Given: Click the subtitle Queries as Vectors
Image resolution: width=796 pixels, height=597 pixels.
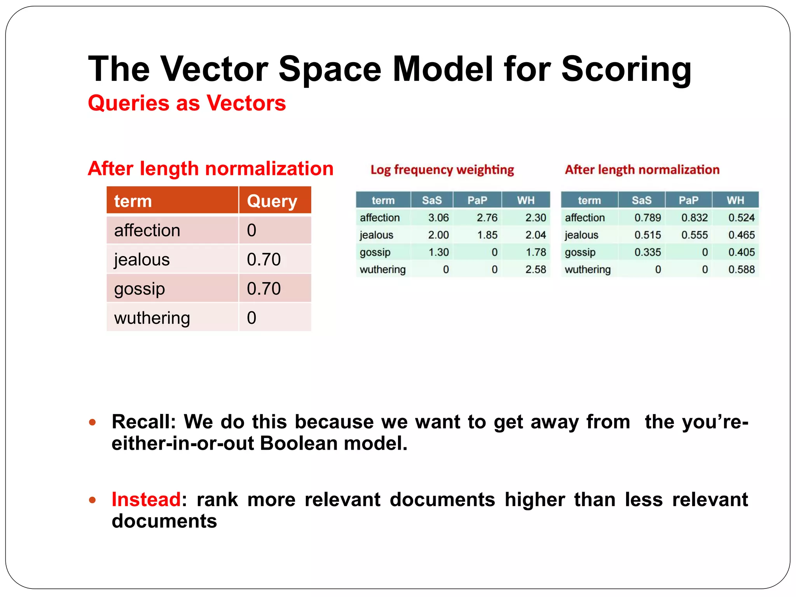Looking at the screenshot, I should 187,103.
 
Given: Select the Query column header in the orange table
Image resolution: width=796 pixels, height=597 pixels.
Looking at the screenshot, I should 272,201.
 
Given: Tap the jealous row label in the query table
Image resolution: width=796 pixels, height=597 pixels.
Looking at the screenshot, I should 142,259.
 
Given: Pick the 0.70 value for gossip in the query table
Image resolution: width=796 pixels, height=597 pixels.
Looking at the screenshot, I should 264,288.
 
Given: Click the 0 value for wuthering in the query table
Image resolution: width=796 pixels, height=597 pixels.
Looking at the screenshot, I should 251,318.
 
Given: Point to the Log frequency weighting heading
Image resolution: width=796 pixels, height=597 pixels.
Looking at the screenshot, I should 442,169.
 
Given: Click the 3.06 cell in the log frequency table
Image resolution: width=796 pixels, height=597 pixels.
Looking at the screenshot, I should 438,218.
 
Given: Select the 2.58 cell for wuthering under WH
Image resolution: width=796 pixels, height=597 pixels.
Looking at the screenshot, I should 535,269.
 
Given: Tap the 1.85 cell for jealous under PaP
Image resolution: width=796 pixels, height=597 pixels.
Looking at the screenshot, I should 487,235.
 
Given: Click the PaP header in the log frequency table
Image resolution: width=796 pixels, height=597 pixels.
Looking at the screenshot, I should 477,200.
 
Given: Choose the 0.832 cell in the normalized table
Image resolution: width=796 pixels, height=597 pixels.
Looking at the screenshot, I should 694,218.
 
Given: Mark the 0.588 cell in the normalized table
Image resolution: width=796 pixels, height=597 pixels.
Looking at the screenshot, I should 741,269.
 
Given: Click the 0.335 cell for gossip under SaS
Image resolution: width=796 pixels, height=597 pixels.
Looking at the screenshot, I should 648,252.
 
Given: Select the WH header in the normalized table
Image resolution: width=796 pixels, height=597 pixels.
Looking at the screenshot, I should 735,200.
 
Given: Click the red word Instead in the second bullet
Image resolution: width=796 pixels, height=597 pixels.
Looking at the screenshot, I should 146,499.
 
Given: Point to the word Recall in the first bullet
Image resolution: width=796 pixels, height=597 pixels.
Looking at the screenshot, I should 143,422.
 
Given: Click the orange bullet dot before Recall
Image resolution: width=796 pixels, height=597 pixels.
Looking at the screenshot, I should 92,422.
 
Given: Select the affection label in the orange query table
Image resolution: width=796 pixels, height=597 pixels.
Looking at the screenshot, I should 147,230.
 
